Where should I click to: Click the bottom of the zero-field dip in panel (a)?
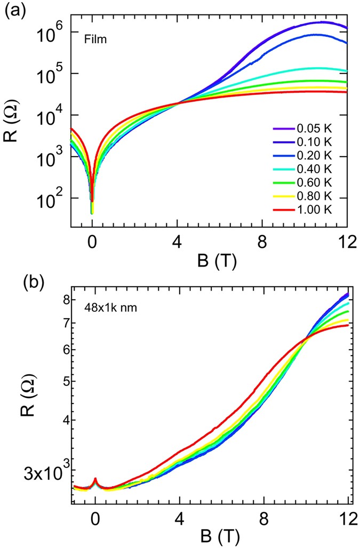coord(92,213)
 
